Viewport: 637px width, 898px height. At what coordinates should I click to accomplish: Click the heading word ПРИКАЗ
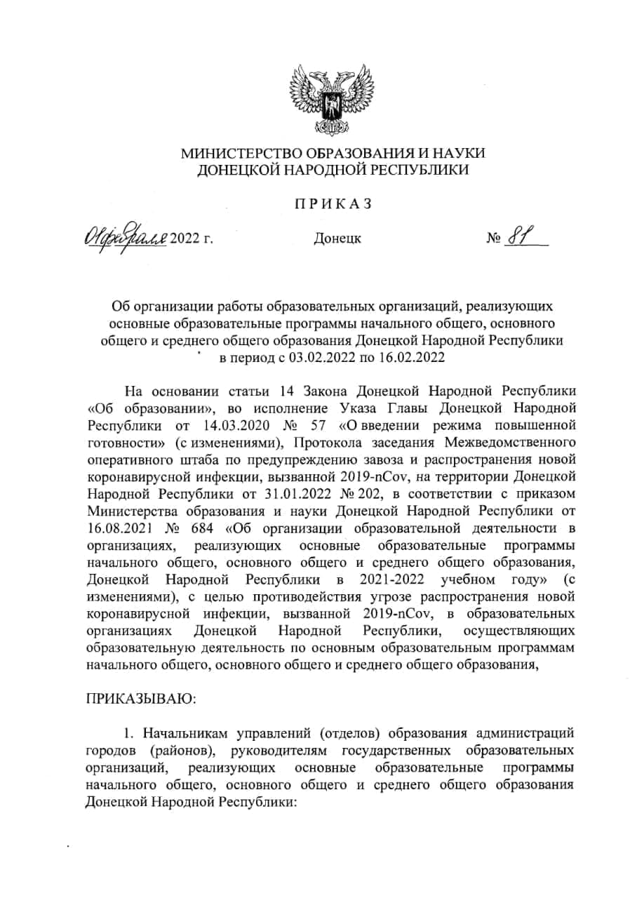[332, 203]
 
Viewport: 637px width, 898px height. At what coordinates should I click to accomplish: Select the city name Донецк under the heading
[337, 239]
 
